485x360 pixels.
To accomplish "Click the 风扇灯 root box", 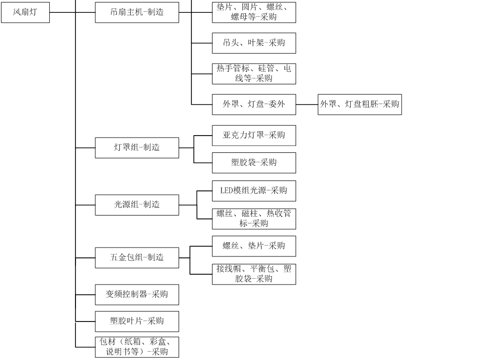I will pos(25,12).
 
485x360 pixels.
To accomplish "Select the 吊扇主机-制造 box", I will pos(137,12).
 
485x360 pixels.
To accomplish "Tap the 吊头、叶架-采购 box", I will pos(254,43).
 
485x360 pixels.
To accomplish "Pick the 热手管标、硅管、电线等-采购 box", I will pos(254,73).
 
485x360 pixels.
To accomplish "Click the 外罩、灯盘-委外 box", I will pos(254,105).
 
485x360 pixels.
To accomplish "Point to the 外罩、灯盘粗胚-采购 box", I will pos(360,105).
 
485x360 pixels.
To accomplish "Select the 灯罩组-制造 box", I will pos(137,147).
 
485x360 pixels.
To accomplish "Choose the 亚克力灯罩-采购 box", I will pos(254,135).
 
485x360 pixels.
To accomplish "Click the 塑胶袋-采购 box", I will pos(254,163).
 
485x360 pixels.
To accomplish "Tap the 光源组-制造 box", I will pos(137,205).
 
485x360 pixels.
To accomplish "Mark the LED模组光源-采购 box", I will pos(254,191).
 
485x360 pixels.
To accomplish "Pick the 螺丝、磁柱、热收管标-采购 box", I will pos(254,218).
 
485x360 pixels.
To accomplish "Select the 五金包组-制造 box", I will pos(137,257).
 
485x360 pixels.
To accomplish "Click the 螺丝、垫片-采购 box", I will pos(254,246).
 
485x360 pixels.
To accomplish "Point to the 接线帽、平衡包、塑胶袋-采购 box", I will pos(254,274).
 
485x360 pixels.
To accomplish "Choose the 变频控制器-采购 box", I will pos(137,294).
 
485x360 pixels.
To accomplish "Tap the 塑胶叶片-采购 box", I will pos(137,321).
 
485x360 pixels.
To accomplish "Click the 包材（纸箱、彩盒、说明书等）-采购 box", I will pos(137,347).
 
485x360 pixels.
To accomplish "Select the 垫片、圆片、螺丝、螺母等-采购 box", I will pos(254,12).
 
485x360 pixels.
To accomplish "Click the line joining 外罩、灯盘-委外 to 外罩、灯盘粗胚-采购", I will pos(307,105).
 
